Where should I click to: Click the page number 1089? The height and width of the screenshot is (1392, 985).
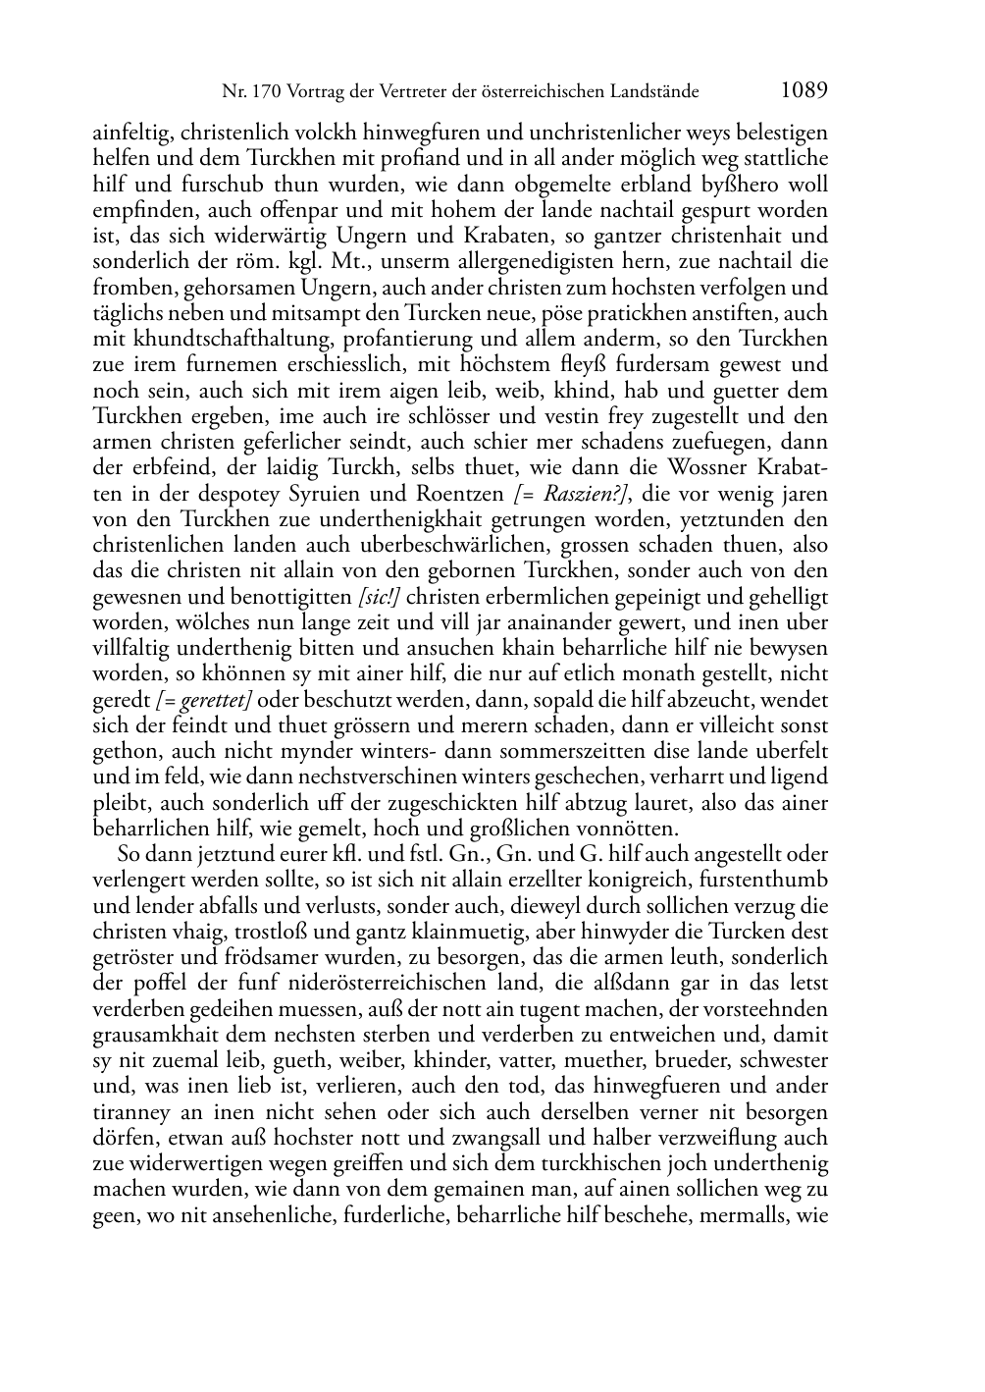[x=804, y=91]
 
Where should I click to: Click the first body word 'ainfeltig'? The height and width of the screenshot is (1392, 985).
[x=132, y=133]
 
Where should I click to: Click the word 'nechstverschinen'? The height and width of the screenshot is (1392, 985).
[x=330, y=777]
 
